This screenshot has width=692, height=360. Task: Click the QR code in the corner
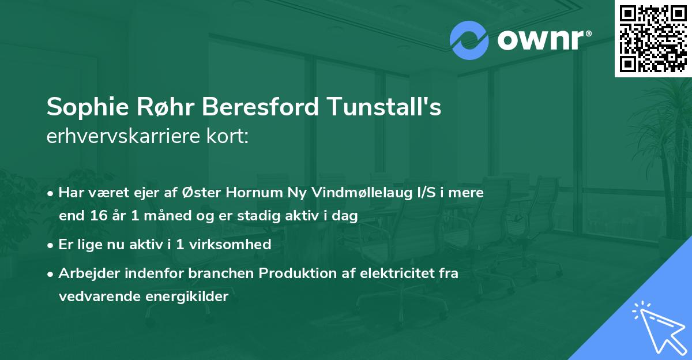pyautogui.click(x=653, y=38)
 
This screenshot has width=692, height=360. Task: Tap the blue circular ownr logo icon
pyautogui.click(x=469, y=40)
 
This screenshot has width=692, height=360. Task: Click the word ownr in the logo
pyautogui.click(x=541, y=40)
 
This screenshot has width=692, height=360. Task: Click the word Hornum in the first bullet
pyautogui.click(x=253, y=193)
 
